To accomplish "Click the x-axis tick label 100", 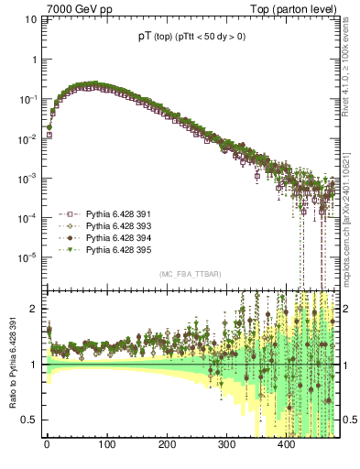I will pyautogui.click(x=106, y=447).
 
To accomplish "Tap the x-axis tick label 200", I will pyautogui.click(x=167, y=447).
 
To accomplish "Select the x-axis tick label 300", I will pyautogui.click(x=226, y=447).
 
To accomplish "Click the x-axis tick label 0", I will pyautogui.click(x=47, y=447).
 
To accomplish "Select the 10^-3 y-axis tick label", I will pyautogui.click(x=29, y=177).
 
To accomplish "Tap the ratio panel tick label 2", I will pyautogui.click(x=36, y=309).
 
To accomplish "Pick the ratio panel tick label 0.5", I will pyautogui.click(x=32, y=420).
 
